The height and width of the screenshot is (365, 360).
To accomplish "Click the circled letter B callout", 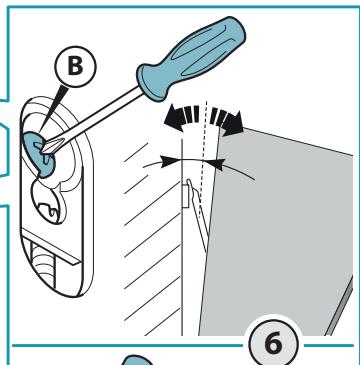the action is (x=75, y=66).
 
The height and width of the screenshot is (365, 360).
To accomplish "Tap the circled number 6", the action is (x=273, y=343).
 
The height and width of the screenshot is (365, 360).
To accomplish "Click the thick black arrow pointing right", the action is (x=228, y=121).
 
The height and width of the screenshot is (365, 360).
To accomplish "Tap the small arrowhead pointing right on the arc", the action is (x=170, y=161).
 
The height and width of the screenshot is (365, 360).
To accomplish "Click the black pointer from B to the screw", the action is (x=50, y=108).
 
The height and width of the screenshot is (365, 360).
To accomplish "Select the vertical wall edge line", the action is (x=182, y=237).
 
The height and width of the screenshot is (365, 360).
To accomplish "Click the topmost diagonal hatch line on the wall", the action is (x=136, y=153).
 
